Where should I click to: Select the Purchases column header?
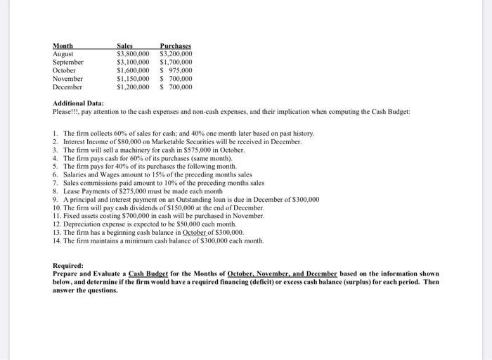click(x=176, y=46)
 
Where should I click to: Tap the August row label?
click(x=64, y=54)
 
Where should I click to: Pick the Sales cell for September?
click(x=132, y=63)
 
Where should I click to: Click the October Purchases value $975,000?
click(x=176, y=71)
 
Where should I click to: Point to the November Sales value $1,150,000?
click(x=132, y=79)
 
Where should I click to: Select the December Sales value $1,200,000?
click(x=132, y=88)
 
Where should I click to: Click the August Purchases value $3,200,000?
click(x=176, y=54)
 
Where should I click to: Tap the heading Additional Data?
click(x=78, y=103)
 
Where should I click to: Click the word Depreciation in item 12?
click(x=82, y=224)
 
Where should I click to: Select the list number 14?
click(x=57, y=240)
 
